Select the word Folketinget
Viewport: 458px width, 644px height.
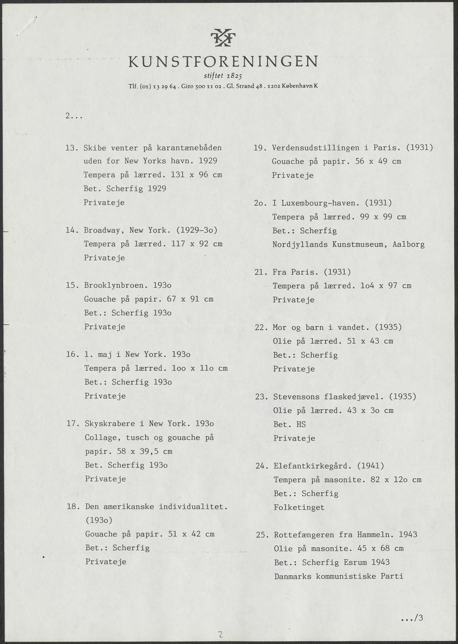pyautogui.click(x=299, y=507)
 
